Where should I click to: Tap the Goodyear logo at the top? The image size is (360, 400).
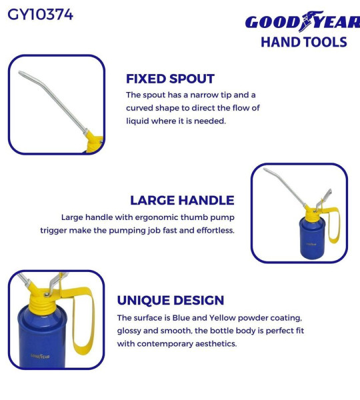(x=302, y=22)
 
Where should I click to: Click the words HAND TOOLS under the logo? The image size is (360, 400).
(x=303, y=42)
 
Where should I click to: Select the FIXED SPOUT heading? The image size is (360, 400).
(x=170, y=79)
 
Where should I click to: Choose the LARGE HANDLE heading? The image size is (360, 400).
(x=182, y=200)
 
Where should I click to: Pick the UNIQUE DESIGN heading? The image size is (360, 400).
(x=170, y=301)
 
